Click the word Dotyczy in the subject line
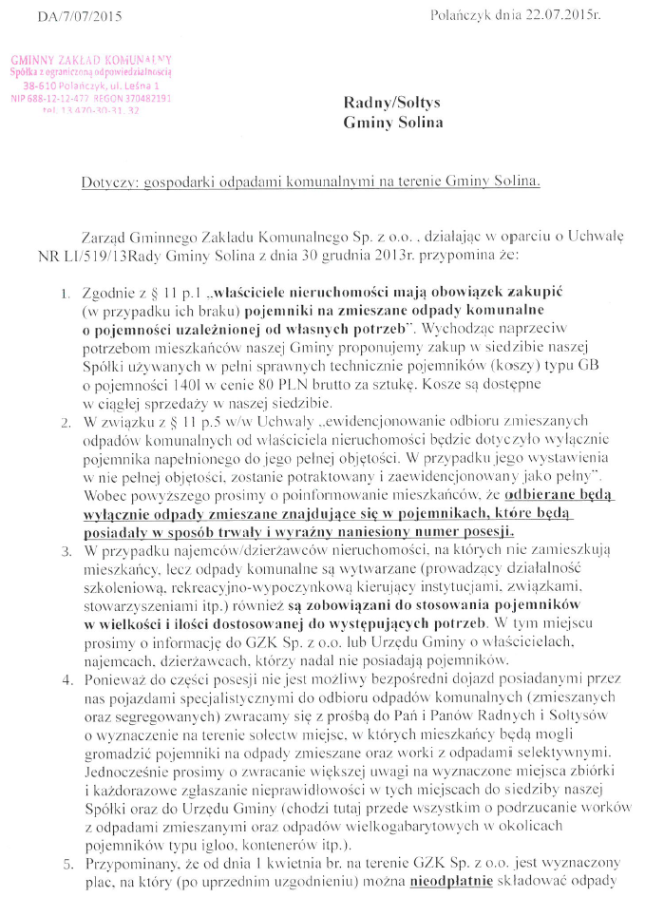click(x=106, y=180)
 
